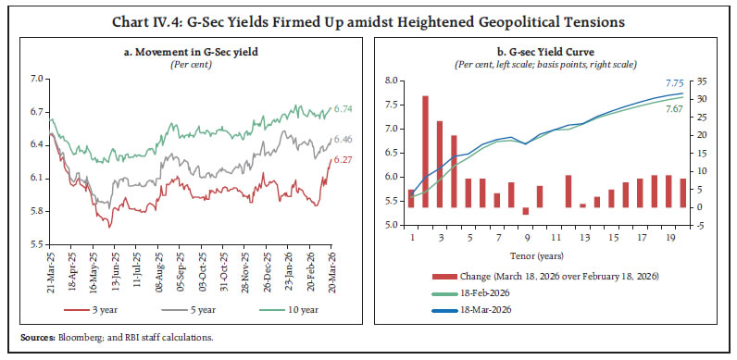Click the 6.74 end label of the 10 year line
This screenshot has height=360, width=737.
click(343, 109)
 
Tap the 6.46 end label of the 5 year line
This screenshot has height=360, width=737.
click(343, 140)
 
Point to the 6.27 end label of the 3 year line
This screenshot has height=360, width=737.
click(343, 160)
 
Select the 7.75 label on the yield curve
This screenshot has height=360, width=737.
click(677, 82)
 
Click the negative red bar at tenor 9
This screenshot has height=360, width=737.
click(526, 211)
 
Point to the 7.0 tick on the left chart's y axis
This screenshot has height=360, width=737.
click(36, 80)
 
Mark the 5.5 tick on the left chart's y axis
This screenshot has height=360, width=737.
click(36, 244)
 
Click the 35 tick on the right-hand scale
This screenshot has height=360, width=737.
click(705, 81)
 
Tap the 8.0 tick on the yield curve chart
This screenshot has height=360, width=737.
click(393, 81)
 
